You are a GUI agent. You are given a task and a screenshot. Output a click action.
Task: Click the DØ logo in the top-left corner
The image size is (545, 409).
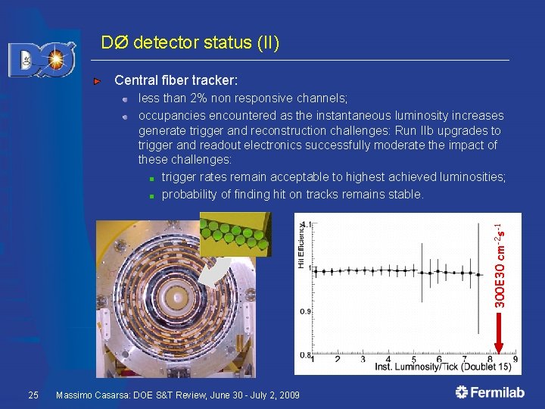(42, 59)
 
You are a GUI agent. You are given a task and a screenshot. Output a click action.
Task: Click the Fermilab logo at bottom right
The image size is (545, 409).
(490, 392)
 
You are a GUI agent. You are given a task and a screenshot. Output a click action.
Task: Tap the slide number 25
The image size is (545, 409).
(33, 395)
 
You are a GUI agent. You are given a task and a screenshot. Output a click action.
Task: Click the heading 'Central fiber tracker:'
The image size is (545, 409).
(176, 80)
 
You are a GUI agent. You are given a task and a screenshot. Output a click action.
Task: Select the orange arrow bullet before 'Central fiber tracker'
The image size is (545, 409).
(97, 80)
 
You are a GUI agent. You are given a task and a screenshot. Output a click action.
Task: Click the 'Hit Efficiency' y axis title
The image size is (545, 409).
(301, 245)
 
